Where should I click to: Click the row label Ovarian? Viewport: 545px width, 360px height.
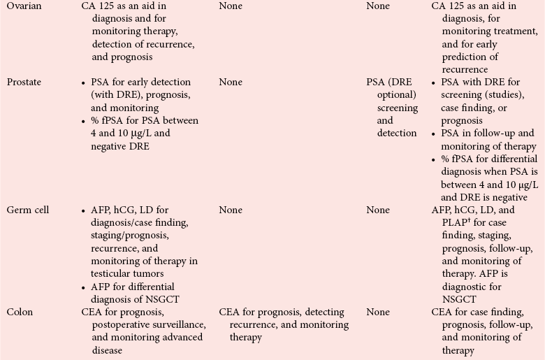point(24,7)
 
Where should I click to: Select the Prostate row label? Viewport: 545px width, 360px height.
point(24,82)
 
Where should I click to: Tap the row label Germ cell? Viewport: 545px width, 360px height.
point(27,210)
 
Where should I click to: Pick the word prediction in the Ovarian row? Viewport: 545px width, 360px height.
point(469,57)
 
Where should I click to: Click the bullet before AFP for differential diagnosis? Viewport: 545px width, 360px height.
point(85,287)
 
